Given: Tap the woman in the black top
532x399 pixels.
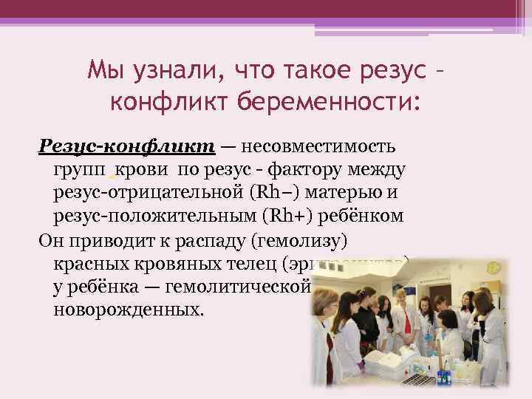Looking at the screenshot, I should coord(366,325).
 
